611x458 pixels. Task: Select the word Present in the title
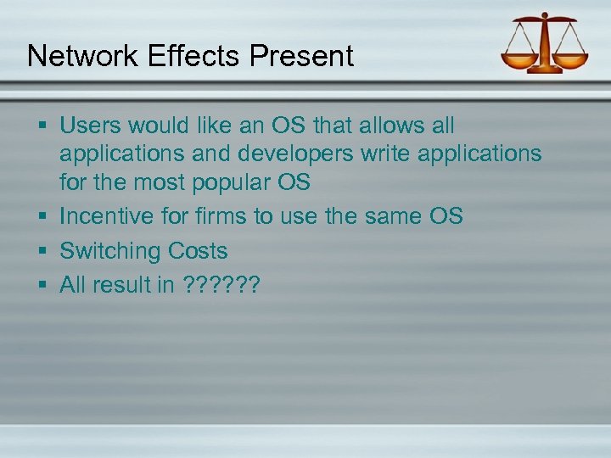point(302,56)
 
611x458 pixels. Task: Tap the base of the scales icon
point(545,69)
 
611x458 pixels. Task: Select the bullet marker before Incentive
point(42,217)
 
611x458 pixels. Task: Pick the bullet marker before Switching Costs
point(42,252)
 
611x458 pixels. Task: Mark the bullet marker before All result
point(42,286)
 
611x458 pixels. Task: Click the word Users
point(91,126)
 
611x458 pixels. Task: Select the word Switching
point(110,251)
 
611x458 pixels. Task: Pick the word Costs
point(198,251)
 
